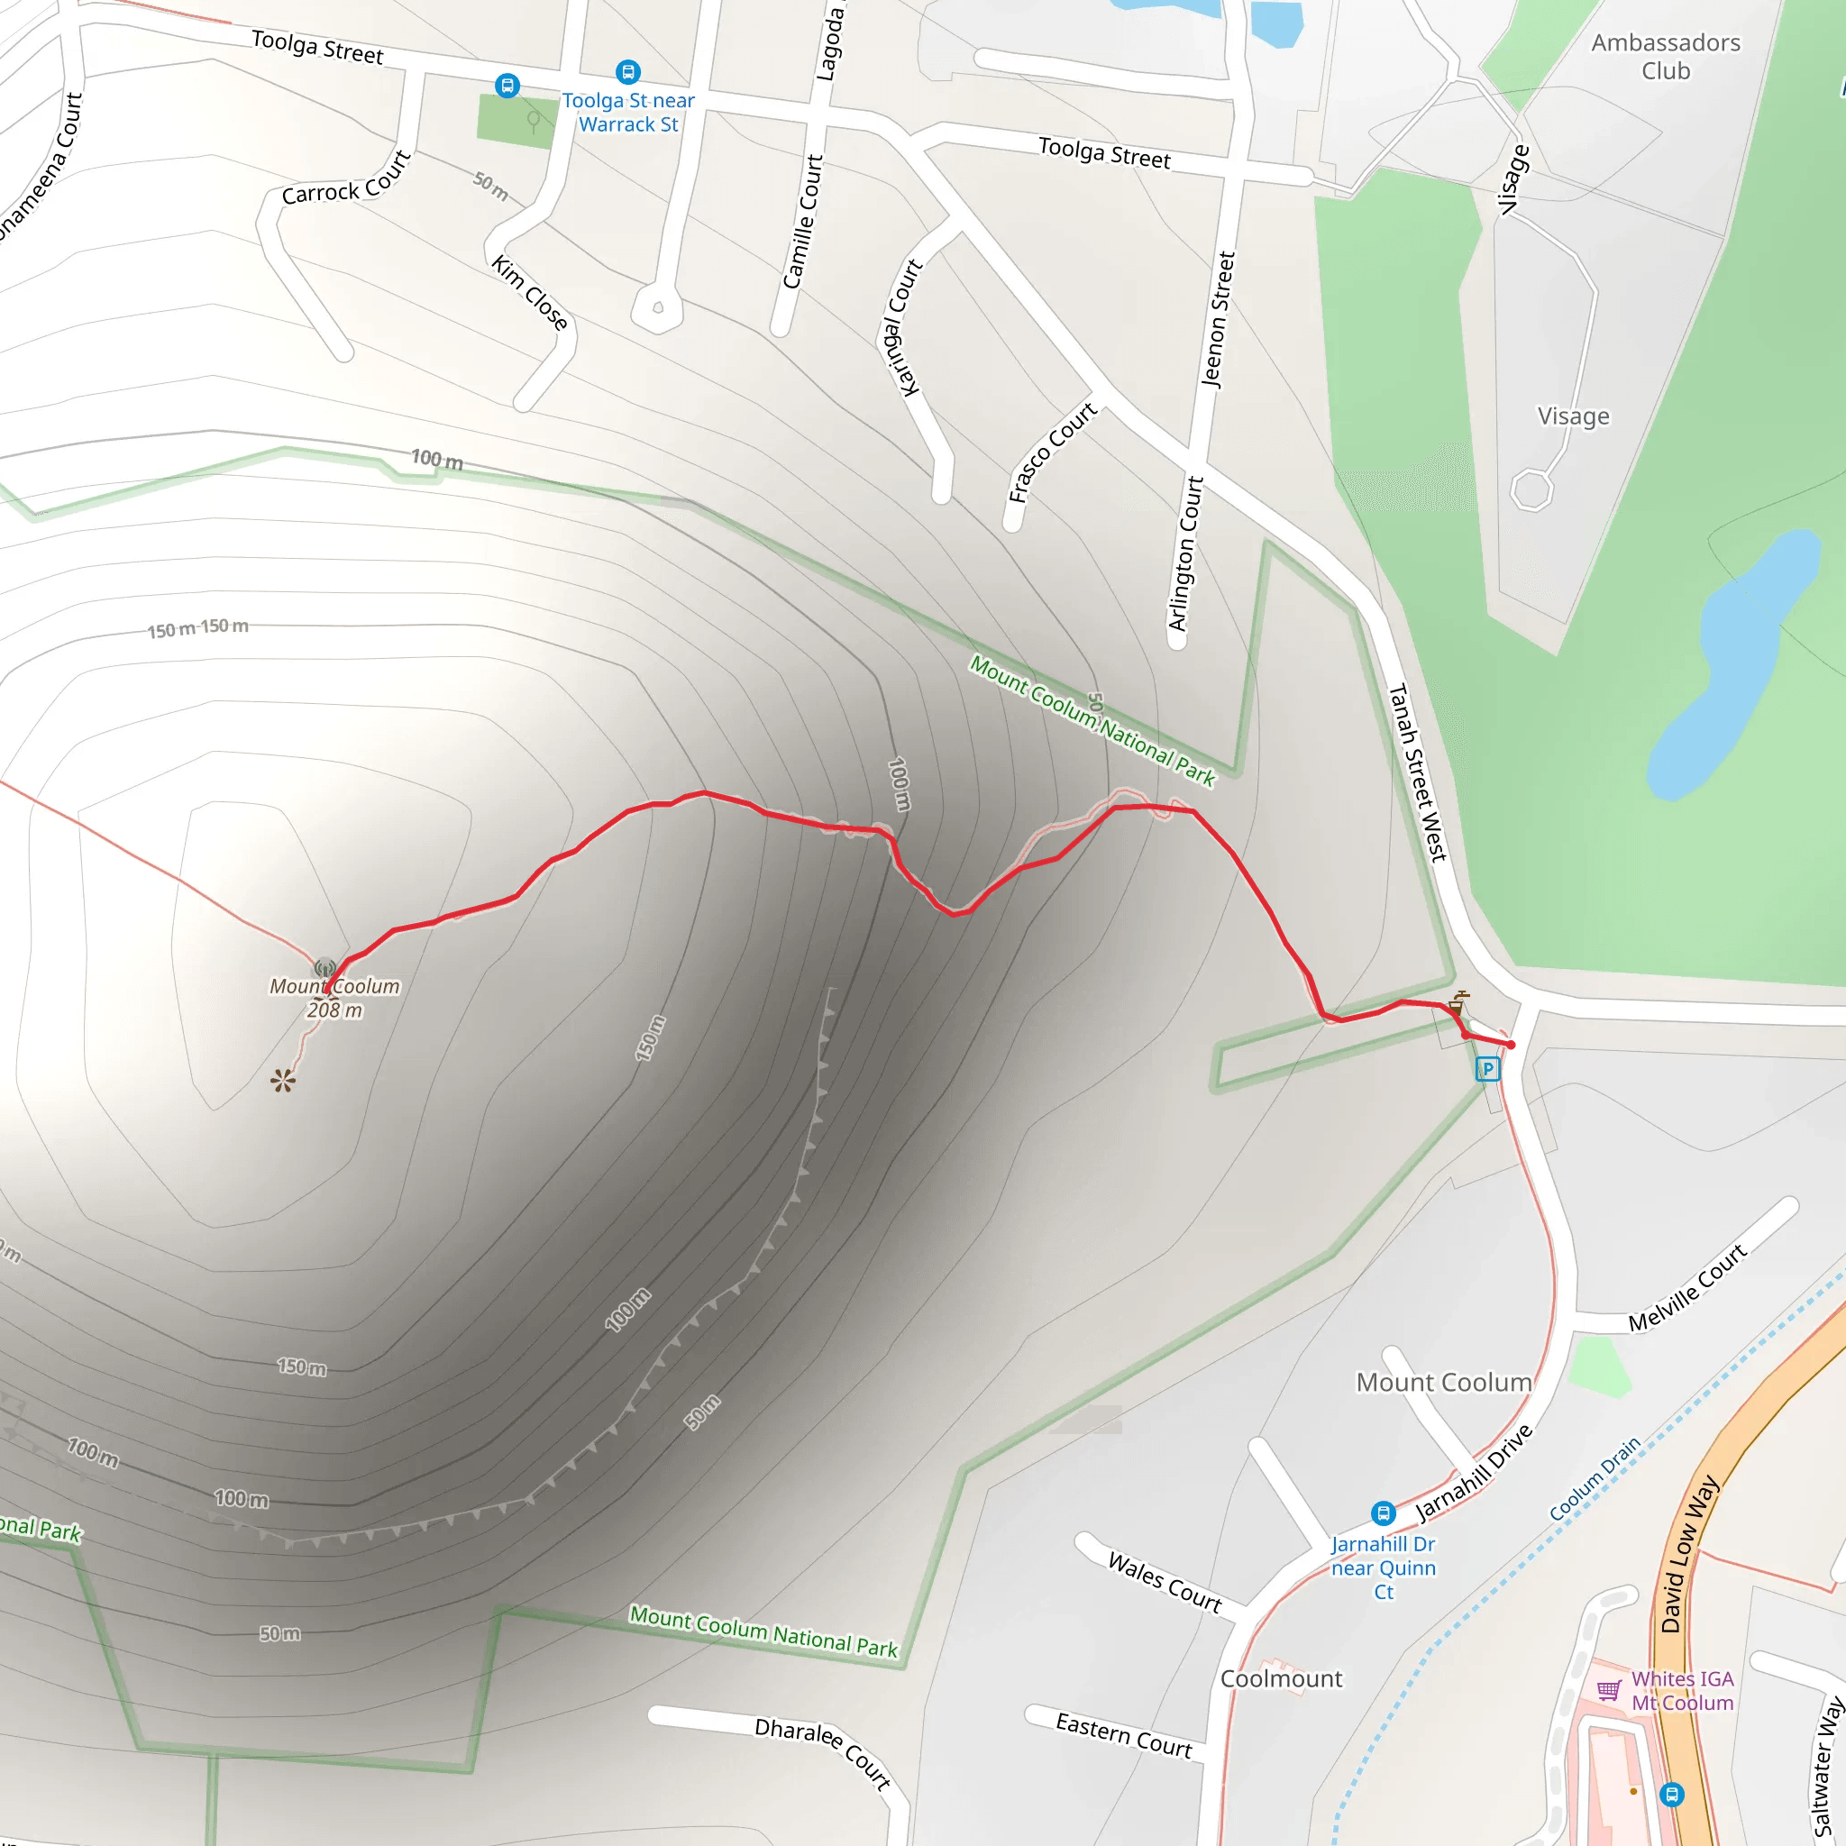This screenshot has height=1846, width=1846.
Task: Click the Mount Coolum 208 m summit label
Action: point(334,998)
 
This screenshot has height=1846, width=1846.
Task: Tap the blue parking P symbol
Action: point(1487,1068)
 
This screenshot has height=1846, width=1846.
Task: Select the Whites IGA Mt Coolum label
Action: point(1682,1690)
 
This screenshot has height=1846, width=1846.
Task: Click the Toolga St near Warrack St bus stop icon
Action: point(627,72)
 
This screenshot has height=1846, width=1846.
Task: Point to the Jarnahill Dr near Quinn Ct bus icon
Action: point(1383,1512)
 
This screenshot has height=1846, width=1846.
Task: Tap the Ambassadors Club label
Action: point(1666,57)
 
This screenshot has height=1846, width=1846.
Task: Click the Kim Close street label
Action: point(530,291)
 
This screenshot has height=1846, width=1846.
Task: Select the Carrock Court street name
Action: point(346,179)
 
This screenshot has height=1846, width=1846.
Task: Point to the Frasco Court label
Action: point(1052,452)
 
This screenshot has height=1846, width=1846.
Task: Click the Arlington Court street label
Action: point(1186,553)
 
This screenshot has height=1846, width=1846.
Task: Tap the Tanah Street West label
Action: point(1417,772)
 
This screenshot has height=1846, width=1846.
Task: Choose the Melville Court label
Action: point(1687,1288)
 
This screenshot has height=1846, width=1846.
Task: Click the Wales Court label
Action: point(1164,1582)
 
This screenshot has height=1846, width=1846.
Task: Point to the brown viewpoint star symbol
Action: point(283,1081)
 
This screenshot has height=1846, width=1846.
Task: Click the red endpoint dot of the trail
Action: point(1511,1045)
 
